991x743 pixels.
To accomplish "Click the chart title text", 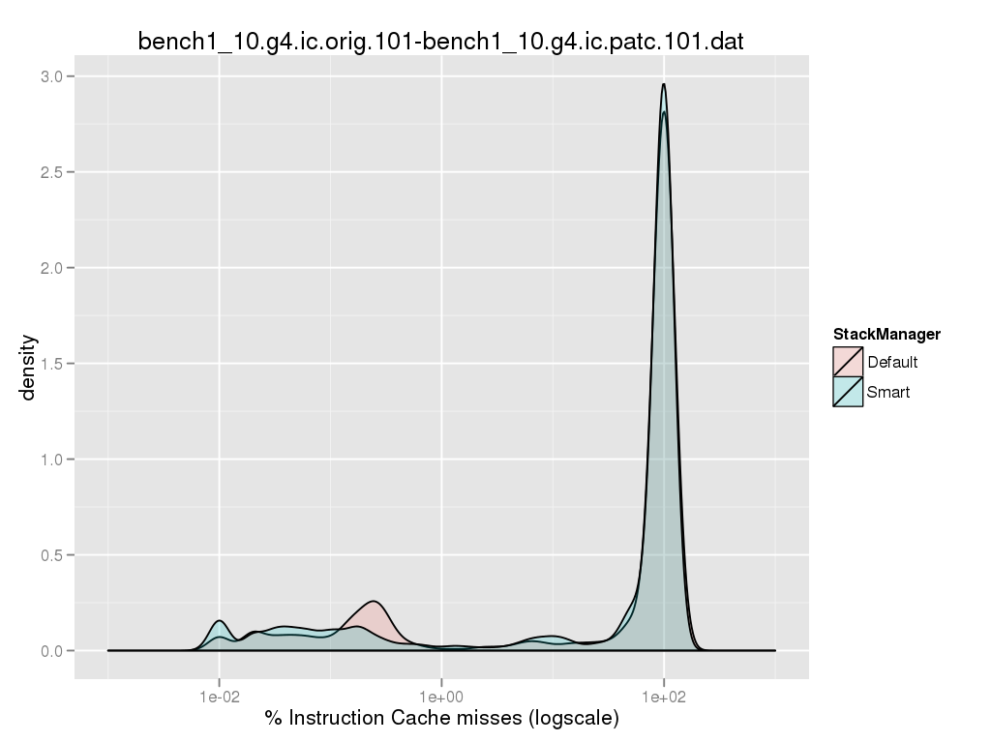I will [440, 42].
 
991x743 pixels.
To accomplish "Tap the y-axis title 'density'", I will [29, 367].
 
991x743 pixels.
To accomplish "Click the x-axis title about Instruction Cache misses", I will [441, 718].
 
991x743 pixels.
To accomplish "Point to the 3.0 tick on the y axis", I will [55, 76].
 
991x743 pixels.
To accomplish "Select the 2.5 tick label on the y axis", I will [55, 172].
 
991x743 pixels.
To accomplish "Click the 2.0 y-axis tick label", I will [55, 268].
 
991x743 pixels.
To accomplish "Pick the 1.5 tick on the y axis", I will [55, 364].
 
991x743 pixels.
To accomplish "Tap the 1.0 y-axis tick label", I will [55, 460].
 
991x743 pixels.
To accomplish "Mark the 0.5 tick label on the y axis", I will [55, 555].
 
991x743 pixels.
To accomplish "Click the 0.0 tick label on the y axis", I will [55, 651].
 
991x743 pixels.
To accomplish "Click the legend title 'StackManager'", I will [886, 335].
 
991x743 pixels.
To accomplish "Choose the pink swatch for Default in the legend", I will [848, 363].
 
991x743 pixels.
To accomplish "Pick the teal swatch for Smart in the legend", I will [848, 392].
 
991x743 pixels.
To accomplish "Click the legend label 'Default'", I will [892, 363].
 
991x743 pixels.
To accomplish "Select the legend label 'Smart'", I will [888, 392].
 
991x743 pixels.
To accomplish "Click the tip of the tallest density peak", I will [664, 84].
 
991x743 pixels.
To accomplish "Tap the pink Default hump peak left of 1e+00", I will [374, 601].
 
